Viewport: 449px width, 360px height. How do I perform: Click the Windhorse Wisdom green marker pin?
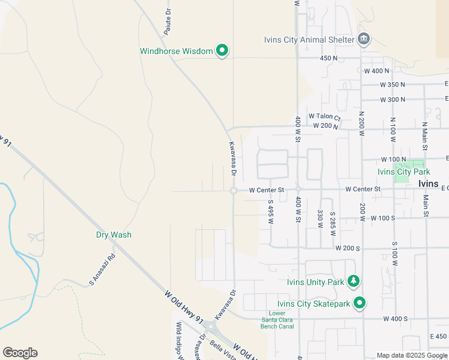pos(221,51)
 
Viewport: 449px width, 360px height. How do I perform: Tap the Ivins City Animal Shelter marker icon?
pos(363,40)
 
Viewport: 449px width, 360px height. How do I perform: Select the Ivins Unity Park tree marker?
pos(354,281)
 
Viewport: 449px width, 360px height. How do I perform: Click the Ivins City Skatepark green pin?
pos(360,303)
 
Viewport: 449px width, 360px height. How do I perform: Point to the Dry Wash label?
pos(113,235)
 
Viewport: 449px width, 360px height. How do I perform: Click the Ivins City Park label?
pos(404,172)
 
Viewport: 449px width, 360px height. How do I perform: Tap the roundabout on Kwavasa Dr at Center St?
pos(233,191)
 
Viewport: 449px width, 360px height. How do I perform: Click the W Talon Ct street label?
pos(324,117)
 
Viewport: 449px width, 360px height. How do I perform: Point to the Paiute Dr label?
pos(168,23)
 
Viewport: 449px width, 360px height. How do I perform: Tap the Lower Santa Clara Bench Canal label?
pos(277,320)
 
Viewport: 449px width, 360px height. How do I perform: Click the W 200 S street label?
pos(348,248)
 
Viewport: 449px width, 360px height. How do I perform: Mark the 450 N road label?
pos(328,58)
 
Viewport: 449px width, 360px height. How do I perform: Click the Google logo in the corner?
pos(20,353)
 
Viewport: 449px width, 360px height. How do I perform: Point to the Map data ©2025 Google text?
pos(411,355)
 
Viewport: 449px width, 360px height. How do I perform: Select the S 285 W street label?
pos(331,222)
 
